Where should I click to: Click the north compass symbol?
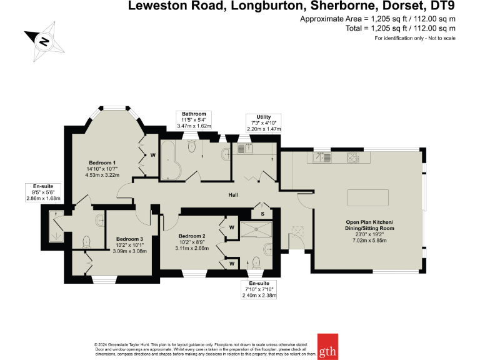[x=42, y=41]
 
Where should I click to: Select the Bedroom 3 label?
[x=129, y=239]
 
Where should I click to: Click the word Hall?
[x=233, y=194]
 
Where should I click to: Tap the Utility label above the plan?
[x=264, y=117]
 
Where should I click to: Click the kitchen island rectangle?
[x=367, y=197]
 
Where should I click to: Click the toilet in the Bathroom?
[x=192, y=146]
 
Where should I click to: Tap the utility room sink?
[x=243, y=149]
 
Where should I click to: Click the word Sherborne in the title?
[x=340, y=7]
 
